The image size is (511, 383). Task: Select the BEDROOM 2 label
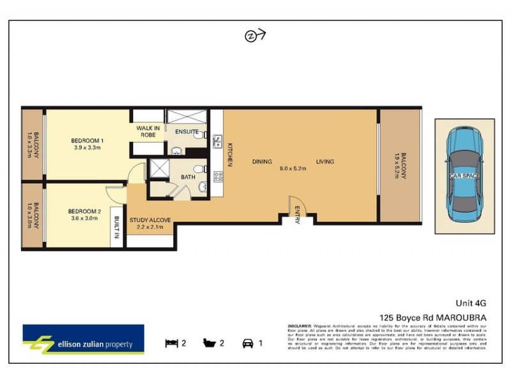(x=86, y=211)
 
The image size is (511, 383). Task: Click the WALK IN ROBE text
(x=148, y=131)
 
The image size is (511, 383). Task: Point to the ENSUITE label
(x=187, y=131)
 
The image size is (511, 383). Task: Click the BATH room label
(x=188, y=177)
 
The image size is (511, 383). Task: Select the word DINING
(x=262, y=161)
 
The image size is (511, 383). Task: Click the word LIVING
(x=324, y=161)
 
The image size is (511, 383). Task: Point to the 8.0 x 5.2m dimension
(x=293, y=169)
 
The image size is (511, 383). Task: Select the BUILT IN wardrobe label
(x=117, y=227)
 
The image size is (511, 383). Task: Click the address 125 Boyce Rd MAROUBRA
(x=433, y=317)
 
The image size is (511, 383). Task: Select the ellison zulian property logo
(x=83, y=340)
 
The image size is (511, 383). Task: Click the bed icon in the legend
(x=171, y=343)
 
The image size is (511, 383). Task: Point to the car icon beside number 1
(x=247, y=343)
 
